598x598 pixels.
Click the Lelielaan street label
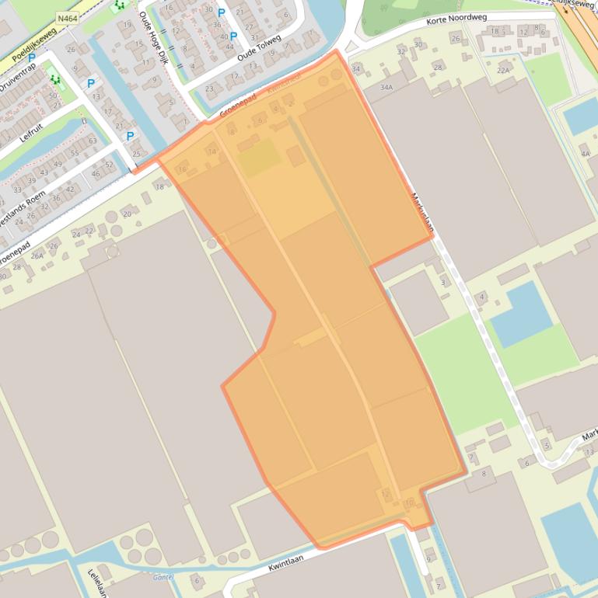pyautogui.click(x=96, y=582)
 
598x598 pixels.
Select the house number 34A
pyautogui.click(x=386, y=88)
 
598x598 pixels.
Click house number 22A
pyautogui.click(x=503, y=71)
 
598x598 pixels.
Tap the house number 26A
pyautogui.click(x=37, y=256)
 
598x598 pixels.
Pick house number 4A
pyautogui.click(x=585, y=154)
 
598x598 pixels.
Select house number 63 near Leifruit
pyautogui.click(x=93, y=141)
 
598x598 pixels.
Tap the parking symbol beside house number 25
pyautogui.click(x=130, y=136)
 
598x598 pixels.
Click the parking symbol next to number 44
pyautogui.click(x=233, y=36)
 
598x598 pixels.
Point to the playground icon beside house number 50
pyautogui.click(x=54, y=78)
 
